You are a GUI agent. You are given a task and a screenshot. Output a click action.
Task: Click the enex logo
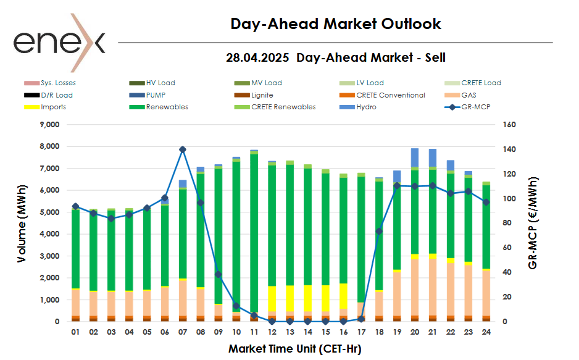[x=59, y=42]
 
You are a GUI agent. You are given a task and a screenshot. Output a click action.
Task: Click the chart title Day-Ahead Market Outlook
[x=336, y=24]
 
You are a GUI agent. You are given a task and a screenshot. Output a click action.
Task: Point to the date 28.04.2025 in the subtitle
[x=259, y=57]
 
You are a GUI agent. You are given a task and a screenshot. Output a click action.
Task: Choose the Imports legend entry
[x=53, y=107]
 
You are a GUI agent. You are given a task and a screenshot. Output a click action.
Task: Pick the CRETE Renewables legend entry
[x=283, y=107]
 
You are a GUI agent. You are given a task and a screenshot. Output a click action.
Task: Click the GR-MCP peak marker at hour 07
[x=183, y=149]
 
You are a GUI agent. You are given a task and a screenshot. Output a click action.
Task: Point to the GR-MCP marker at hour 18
[x=379, y=231]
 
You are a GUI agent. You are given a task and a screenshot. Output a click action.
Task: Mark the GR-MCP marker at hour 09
[x=219, y=274]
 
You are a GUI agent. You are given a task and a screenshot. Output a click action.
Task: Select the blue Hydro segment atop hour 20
[x=415, y=157]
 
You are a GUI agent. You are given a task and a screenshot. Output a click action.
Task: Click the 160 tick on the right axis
[x=510, y=125]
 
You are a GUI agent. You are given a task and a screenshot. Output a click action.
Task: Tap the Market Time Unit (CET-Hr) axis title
[x=294, y=349]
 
